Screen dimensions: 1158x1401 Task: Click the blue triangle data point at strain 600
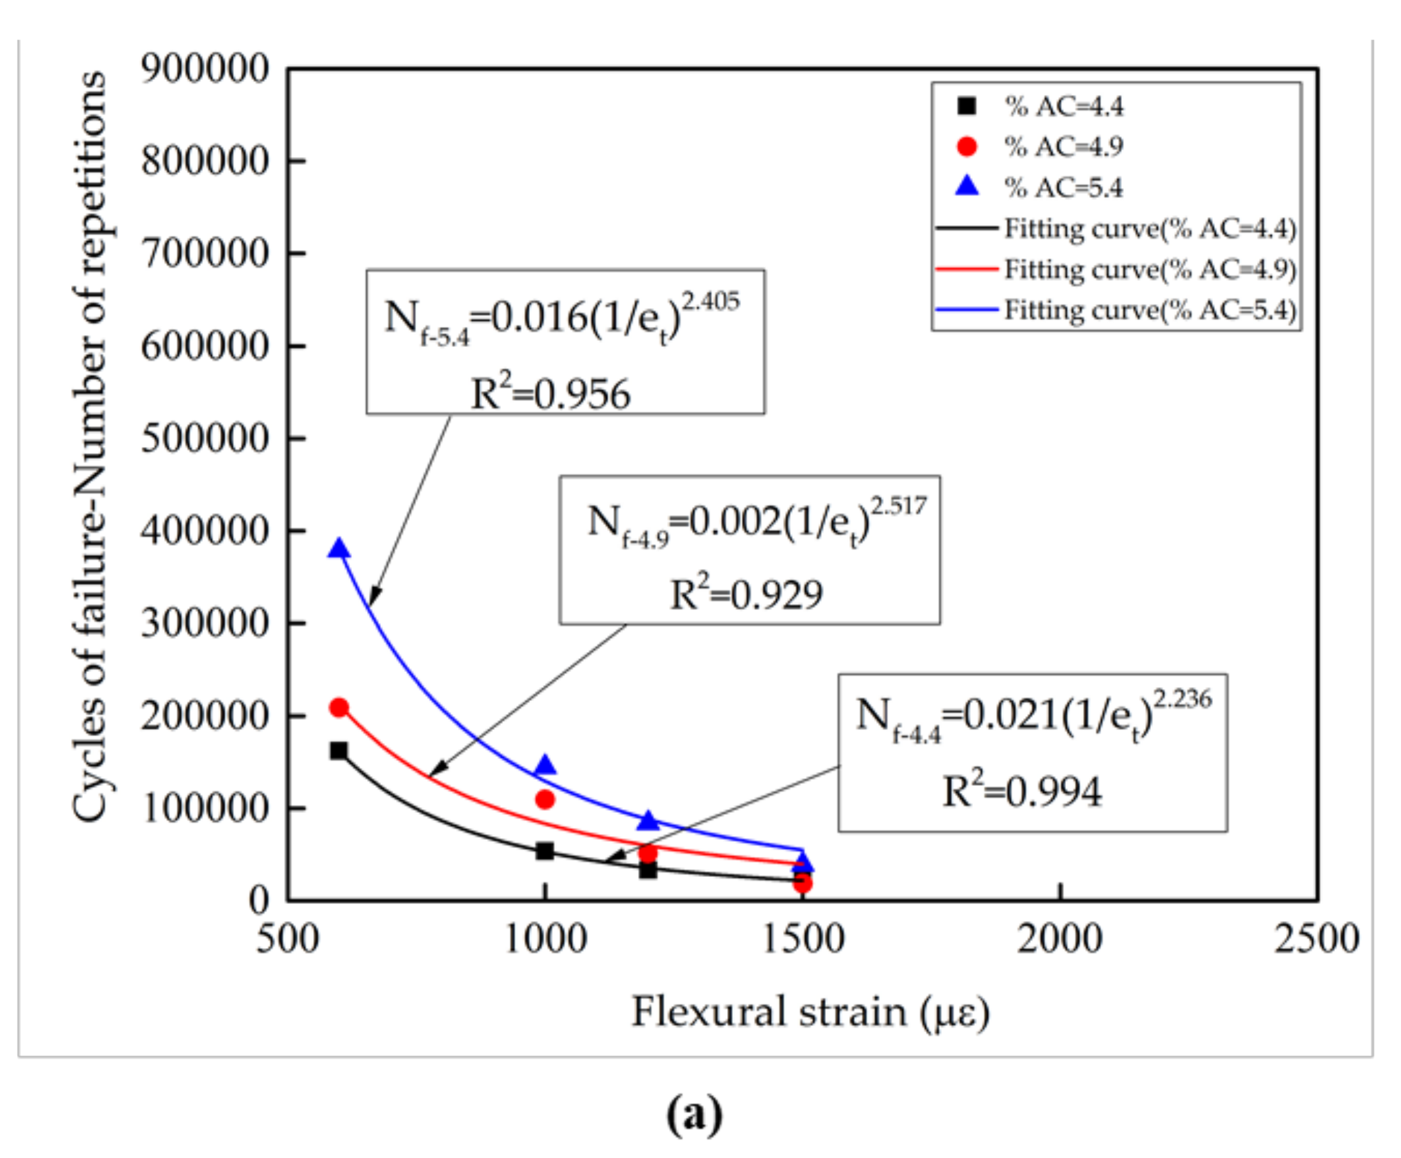tap(339, 549)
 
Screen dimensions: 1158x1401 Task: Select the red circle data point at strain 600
tap(339, 708)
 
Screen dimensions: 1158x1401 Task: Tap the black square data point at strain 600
tap(339, 751)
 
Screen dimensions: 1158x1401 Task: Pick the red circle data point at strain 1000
tap(545, 799)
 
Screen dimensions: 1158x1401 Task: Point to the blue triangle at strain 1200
tap(647, 821)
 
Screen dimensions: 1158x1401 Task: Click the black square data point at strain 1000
tap(545, 851)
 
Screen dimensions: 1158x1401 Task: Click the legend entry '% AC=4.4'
tap(1063, 106)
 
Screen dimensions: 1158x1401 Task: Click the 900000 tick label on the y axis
tap(205, 69)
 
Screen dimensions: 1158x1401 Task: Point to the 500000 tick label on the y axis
tap(205, 438)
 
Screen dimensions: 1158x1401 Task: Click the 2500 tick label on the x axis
tap(1316, 940)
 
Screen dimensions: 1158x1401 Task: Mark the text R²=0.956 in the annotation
tap(551, 393)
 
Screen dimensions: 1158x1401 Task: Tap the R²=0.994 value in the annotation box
tap(1022, 791)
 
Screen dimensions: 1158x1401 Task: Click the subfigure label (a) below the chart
tap(693, 1113)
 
